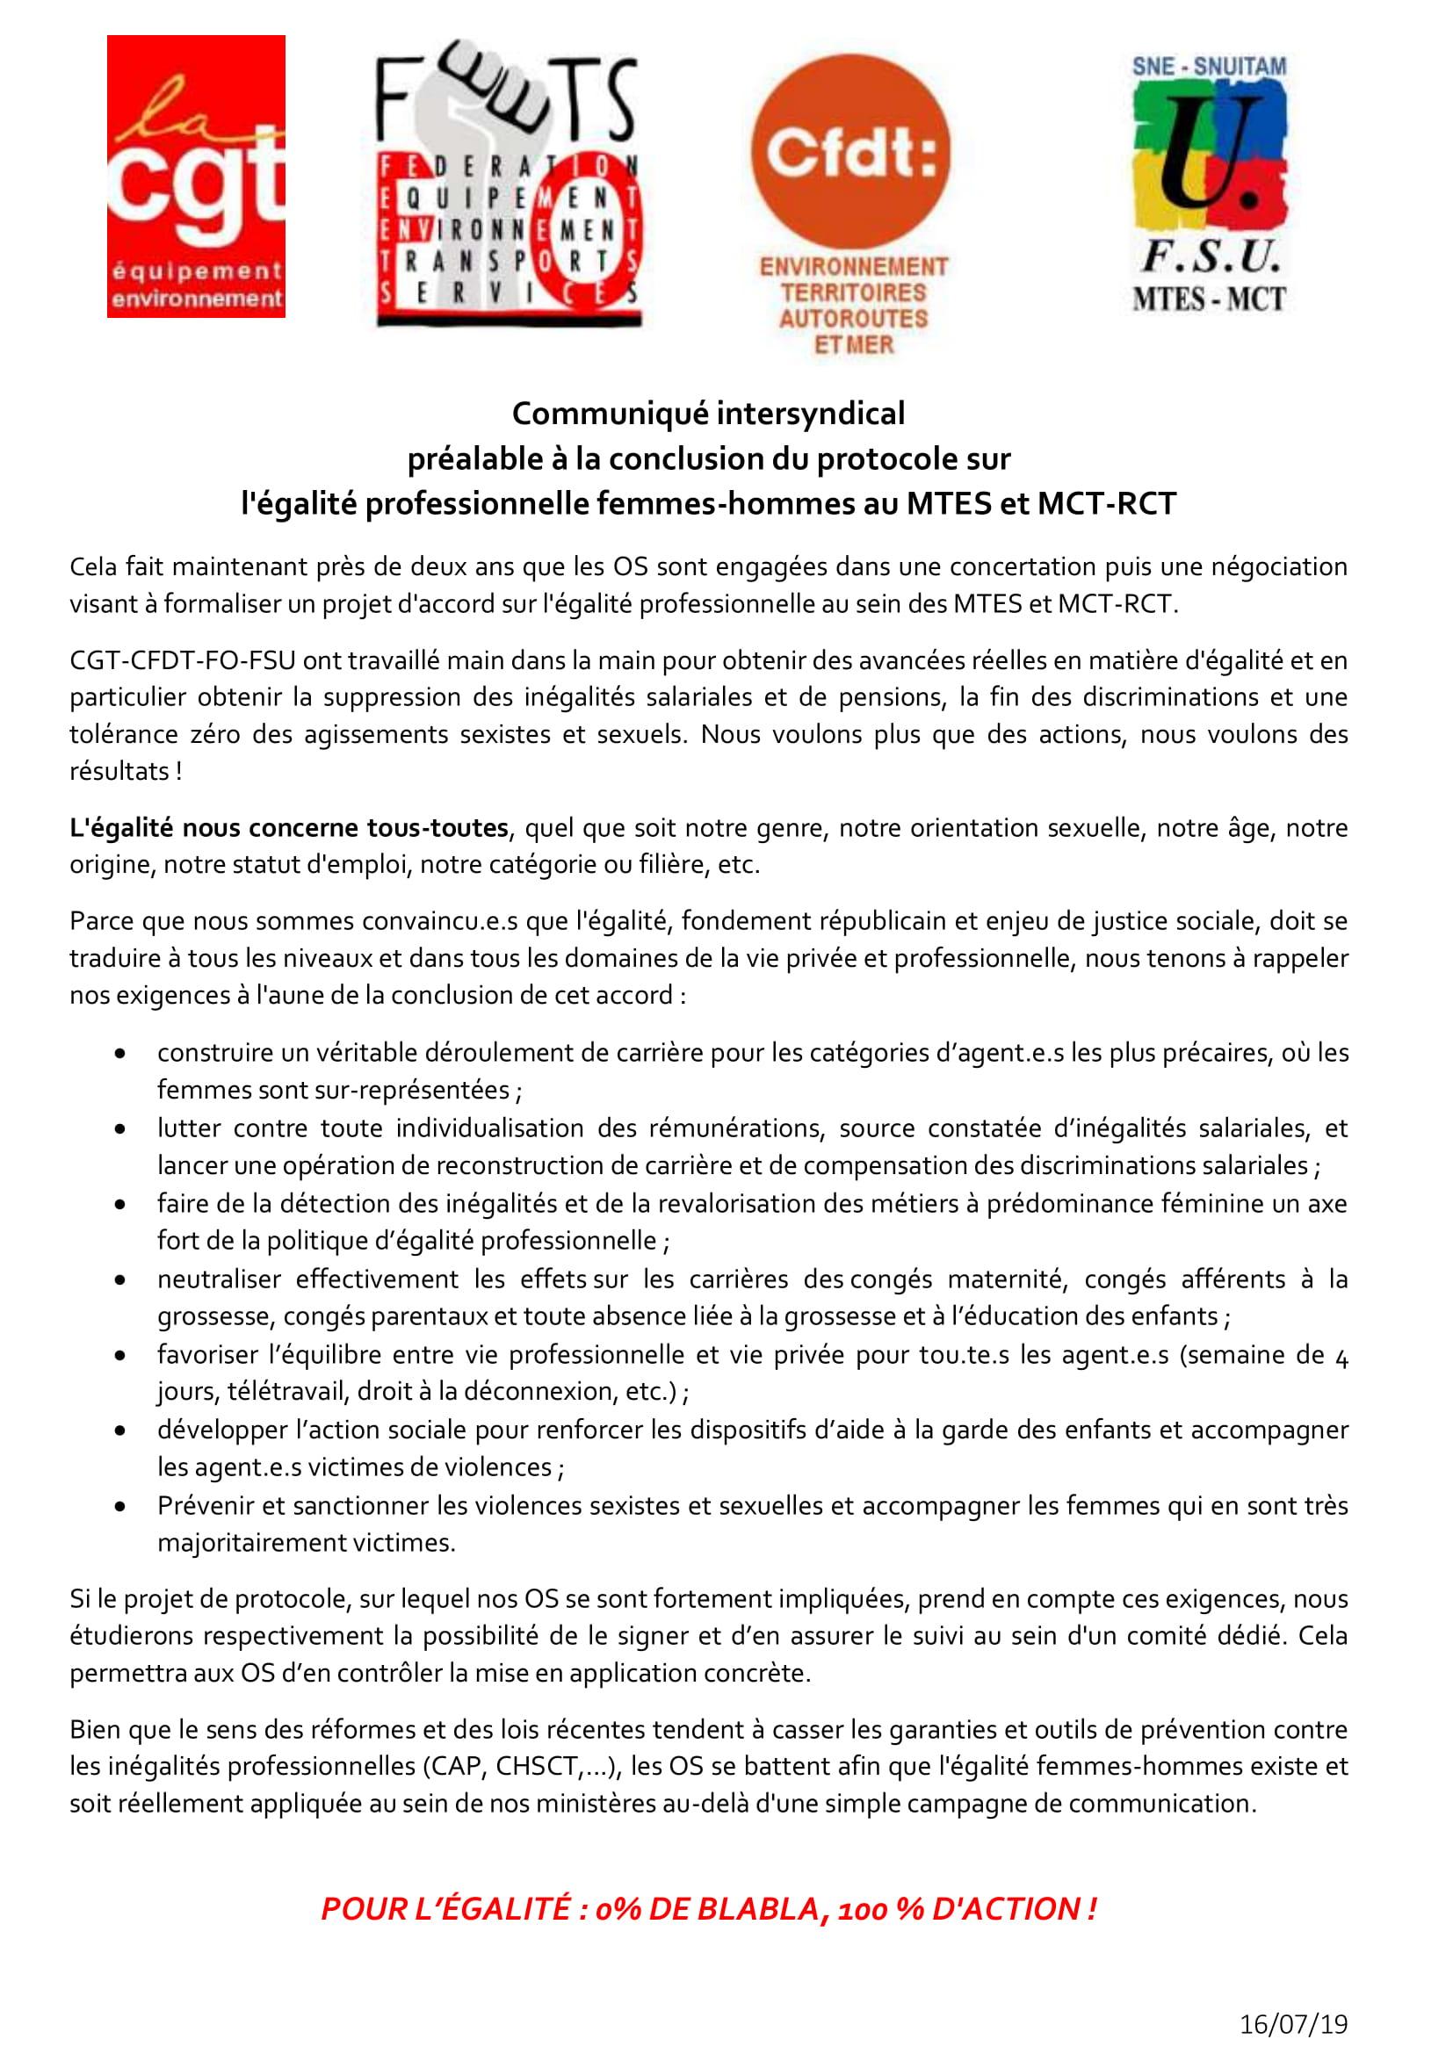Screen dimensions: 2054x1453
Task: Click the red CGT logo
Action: [x=196, y=177]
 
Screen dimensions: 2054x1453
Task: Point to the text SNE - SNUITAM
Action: [x=1209, y=66]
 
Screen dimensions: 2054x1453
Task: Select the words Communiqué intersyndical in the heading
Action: [x=708, y=414]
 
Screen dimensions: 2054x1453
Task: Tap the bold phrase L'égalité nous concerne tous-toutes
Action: [x=289, y=828]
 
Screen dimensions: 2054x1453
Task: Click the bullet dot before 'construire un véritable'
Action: [x=119, y=1054]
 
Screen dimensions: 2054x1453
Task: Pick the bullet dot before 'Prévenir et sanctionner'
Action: [x=119, y=1507]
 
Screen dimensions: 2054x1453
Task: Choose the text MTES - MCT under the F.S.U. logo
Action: [x=1209, y=299]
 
